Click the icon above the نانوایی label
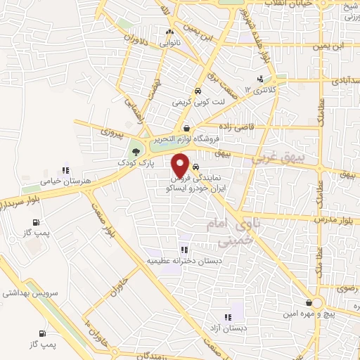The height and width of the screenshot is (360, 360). click(x=168, y=32)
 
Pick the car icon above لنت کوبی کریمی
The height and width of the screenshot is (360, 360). click(x=198, y=91)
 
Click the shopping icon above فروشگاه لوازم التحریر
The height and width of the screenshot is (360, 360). click(x=186, y=127)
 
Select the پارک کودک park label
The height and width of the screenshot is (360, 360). click(x=136, y=162)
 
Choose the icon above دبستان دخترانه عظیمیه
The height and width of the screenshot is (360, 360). click(x=184, y=250)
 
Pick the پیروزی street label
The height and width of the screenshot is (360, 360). click(x=110, y=131)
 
